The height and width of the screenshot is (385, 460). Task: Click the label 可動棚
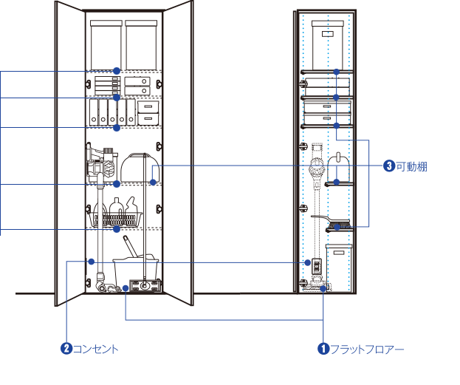pyautogui.click(x=411, y=166)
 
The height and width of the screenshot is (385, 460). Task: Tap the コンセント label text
pyautogui.click(x=95, y=350)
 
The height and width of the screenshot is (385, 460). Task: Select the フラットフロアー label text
pyautogui.click(x=367, y=350)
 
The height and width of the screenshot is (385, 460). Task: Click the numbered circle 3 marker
pyautogui.click(x=389, y=166)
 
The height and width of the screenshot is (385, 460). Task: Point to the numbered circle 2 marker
pyautogui.click(x=66, y=349)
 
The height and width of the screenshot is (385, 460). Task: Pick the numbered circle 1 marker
pyautogui.click(x=323, y=349)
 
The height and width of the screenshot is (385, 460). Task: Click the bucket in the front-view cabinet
pyautogui.click(x=135, y=270)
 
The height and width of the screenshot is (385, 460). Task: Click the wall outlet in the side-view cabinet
pyautogui.click(x=317, y=266)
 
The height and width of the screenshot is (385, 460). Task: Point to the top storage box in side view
pyautogui.click(x=327, y=45)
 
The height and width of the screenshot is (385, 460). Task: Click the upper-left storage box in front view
pyautogui.click(x=106, y=45)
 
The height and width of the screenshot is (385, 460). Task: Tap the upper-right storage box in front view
pyautogui.click(x=141, y=45)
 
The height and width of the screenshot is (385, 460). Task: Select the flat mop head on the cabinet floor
pyautogui.click(x=145, y=286)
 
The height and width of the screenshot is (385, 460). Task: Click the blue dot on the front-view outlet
pyautogui.click(x=92, y=262)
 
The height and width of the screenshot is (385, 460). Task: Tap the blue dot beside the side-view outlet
pyautogui.click(x=307, y=262)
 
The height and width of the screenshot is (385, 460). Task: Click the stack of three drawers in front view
pyautogui.click(x=107, y=86)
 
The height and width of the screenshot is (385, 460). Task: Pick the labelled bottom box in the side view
pyautogui.click(x=339, y=268)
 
